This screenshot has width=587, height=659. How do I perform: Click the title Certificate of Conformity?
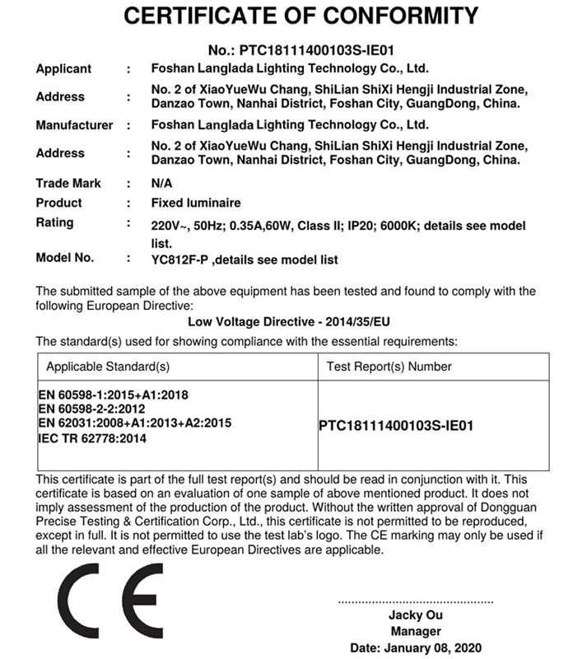(x=300, y=16)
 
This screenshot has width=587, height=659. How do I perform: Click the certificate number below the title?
(x=300, y=50)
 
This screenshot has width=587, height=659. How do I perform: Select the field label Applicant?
(x=63, y=69)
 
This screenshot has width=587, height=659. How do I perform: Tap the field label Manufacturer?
(x=74, y=125)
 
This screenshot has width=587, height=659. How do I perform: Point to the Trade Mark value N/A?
(x=162, y=183)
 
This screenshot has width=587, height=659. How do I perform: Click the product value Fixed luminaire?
(x=196, y=203)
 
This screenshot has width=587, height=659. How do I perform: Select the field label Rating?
(x=54, y=222)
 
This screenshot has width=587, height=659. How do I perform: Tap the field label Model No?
(x=65, y=258)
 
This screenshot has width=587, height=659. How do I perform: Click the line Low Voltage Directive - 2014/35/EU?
(x=293, y=322)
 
